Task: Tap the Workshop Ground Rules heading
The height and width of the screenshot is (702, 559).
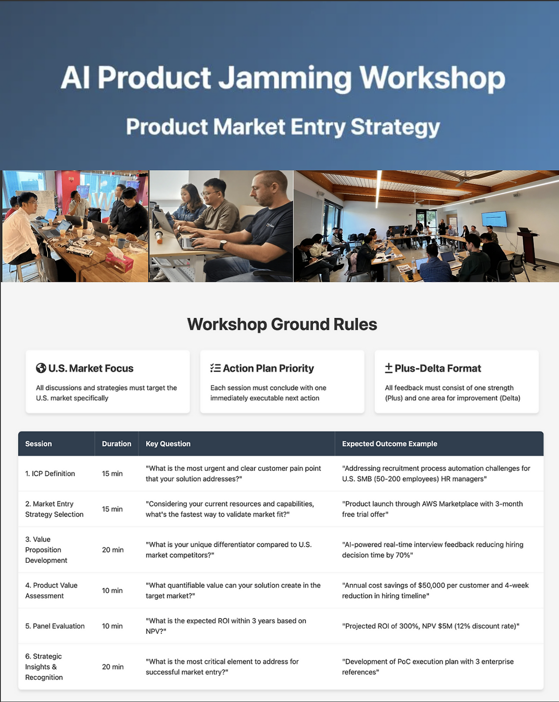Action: [282, 324]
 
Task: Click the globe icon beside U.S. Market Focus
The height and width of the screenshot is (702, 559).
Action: [41, 368]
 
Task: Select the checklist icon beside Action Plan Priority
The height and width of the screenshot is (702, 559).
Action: [215, 368]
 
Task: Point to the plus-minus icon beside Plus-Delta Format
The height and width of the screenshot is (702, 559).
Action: [389, 368]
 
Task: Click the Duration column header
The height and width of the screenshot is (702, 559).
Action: [117, 444]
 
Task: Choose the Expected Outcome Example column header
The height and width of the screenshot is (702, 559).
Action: [389, 444]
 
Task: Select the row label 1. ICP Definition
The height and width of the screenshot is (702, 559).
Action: [50, 473]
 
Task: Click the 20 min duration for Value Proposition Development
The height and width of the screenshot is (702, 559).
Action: [113, 550]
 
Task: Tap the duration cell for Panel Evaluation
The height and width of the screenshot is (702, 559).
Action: [112, 626]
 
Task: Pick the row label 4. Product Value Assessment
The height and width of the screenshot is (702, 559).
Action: [51, 590]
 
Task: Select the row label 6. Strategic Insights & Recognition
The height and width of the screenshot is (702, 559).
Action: [44, 667]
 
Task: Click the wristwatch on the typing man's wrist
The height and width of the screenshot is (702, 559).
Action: [223, 244]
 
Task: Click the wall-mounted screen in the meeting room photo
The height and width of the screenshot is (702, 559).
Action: [494, 219]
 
